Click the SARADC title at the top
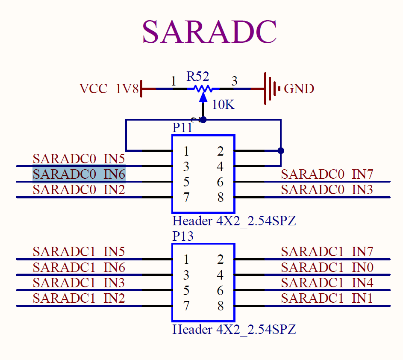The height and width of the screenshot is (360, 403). (x=209, y=32)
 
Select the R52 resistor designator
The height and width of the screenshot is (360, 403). (x=197, y=77)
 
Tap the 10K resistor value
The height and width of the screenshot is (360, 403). (x=223, y=104)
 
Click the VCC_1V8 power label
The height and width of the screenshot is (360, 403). (x=109, y=89)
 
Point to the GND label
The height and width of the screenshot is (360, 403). (x=299, y=89)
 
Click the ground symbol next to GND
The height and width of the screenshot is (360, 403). (x=271, y=89)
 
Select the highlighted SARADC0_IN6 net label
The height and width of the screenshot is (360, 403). (x=79, y=174)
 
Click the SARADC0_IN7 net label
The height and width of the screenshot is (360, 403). (x=327, y=174)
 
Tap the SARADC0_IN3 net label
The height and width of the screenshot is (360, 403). (x=327, y=190)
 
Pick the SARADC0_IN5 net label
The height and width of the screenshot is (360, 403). (x=79, y=159)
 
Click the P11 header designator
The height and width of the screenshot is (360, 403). (x=182, y=128)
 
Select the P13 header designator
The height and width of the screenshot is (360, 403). (x=183, y=236)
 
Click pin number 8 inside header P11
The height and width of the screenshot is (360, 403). (x=220, y=198)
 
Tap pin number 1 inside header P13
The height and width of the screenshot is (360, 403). (x=186, y=260)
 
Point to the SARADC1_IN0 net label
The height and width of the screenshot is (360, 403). (x=327, y=267)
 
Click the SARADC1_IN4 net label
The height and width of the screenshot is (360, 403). (x=327, y=283)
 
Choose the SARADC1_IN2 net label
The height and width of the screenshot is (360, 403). (x=79, y=298)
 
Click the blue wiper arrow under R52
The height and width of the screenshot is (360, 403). (x=203, y=97)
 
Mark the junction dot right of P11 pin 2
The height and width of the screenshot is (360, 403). (x=281, y=150)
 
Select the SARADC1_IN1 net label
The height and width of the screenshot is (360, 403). (x=327, y=298)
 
